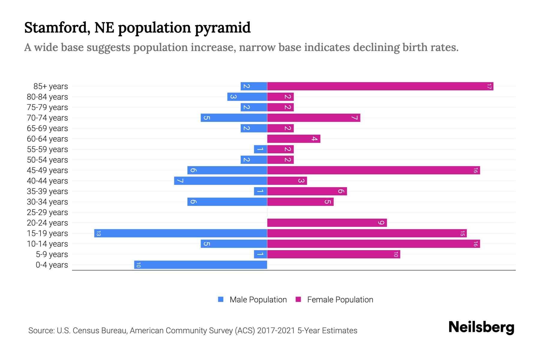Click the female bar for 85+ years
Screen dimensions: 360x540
point(380,86)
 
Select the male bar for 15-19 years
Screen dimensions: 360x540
point(181,233)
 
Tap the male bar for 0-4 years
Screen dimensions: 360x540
point(200,265)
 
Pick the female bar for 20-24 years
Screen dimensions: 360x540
point(327,223)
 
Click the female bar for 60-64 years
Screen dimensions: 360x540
point(294,139)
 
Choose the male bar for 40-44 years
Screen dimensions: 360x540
point(220,181)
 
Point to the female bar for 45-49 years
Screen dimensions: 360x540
point(373,170)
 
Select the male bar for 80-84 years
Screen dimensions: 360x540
point(247,97)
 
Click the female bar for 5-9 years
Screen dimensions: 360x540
point(334,254)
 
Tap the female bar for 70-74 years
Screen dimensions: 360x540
point(313,118)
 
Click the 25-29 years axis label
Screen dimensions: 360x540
point(47,212)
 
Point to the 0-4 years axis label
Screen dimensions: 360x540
point(52,265)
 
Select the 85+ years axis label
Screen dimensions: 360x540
point(51,86)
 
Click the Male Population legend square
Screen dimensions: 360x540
point(221,299)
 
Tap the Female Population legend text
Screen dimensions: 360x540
point(340,300)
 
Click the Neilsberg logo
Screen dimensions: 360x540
point(481,327)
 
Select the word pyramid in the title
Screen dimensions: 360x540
point(222,28)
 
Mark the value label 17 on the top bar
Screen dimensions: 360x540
point(489,86)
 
